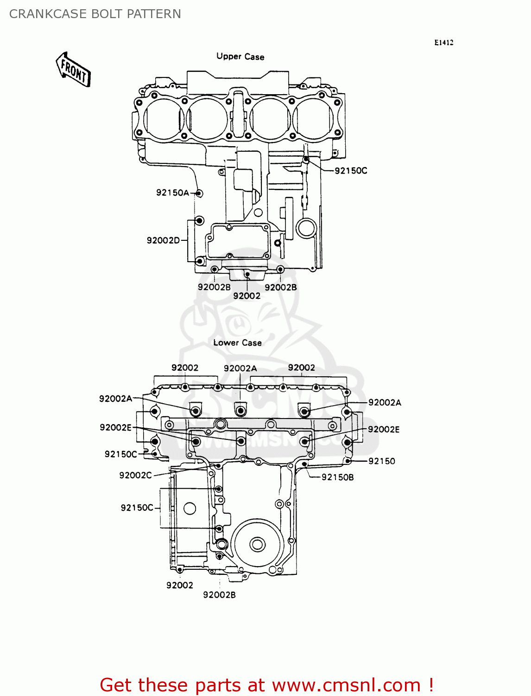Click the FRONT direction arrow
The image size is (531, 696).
73,70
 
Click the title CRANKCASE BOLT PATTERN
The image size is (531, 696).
95,14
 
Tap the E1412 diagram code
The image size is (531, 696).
443,43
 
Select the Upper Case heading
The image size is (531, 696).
240,57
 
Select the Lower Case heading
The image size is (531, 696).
237,343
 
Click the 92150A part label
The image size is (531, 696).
172,193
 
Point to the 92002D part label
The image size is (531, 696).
163,240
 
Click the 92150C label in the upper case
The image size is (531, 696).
351,171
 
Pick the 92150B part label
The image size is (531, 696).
337,477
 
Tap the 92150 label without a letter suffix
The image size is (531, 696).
382,461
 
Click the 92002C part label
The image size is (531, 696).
135,476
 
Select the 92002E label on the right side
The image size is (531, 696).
384,430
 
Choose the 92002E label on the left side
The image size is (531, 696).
115,427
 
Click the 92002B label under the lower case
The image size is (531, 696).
219,595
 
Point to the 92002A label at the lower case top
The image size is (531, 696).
240,368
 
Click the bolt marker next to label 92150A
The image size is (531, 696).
199,193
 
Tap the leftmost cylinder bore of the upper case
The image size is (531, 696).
163,118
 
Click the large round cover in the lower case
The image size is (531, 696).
257,544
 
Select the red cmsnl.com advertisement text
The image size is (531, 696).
267,685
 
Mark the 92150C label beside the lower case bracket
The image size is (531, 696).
137,508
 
